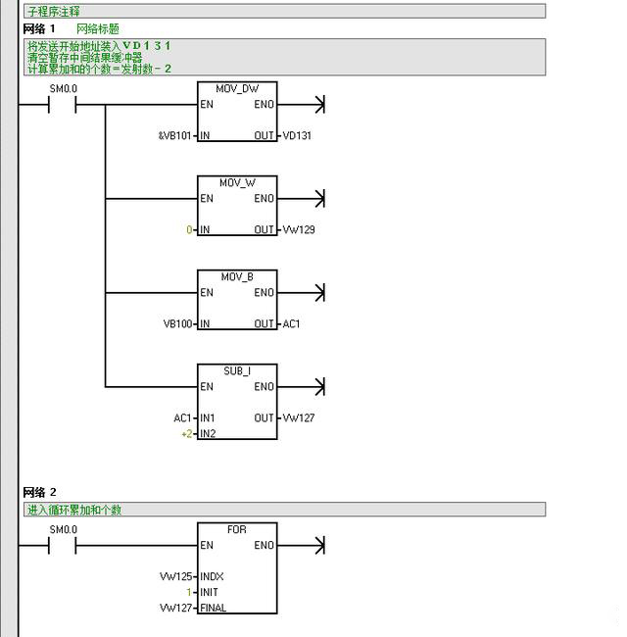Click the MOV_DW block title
coord(236,88)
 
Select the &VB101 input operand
coord(175,135)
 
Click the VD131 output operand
coord(297,135)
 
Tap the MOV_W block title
coord(236,182)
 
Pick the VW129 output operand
coord(299,229)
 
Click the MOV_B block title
coord(236,276)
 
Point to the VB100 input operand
coord(178,323)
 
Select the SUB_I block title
coord(236,370)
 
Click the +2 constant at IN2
coord(186,433)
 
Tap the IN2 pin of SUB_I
coord(208,433)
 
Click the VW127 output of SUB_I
coord(299,417)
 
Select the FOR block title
coord(236,529)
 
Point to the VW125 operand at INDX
coord(176,576)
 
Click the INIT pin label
coord(209,592)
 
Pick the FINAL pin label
coord(213,608)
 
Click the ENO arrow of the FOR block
coord(315,545)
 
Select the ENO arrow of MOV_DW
coord(315,104)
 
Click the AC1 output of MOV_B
coord(291,323)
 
